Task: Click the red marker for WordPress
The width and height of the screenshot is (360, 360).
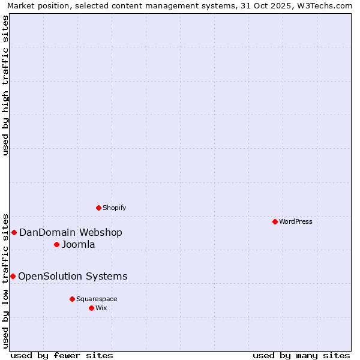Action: click(275, 221)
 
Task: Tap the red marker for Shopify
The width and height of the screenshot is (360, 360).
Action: click(98, 208)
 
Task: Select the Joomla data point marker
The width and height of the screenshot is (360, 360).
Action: click(56, 244)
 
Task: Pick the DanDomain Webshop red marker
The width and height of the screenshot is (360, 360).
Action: click(14, 232)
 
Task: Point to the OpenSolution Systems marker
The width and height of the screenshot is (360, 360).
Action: click(13, 276)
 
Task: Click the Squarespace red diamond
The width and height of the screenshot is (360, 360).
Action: click(72, 299)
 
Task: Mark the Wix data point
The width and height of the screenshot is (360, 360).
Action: click(91, 308)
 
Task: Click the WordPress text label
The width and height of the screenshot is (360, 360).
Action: click(296, 221)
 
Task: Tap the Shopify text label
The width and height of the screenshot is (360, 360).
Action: click(114, 208)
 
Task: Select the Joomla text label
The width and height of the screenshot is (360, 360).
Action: click(78, 244)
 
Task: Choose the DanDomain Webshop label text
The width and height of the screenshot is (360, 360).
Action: click(71, 232)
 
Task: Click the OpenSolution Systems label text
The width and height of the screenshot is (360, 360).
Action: click(73, 276)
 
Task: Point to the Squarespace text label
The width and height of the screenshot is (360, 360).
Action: click(97, 299)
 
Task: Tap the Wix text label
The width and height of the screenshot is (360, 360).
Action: click(101, 308)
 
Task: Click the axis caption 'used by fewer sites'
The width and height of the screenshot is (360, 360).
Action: click(62, 355)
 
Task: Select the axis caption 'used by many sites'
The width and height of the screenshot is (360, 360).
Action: click(301, 355)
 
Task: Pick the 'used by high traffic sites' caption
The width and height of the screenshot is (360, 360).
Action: click(6, 85)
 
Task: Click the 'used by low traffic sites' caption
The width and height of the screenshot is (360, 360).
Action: click(6, 280)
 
